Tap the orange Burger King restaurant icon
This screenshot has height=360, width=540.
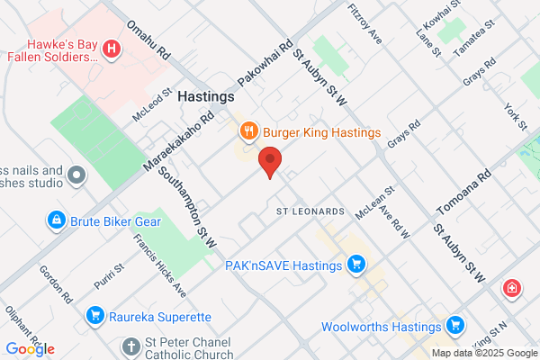click(x=249, y=132)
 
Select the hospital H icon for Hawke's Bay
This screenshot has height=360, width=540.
click(x=111, y=49)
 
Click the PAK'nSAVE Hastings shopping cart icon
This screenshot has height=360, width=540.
click(x=356, y=265)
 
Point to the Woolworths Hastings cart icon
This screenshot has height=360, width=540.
click(x=455, y=324)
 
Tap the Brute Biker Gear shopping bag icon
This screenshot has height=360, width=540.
click(x=56, y=220)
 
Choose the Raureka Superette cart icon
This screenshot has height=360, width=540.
click(x=94, y=316)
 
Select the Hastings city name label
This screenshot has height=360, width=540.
click(x=206, y=95)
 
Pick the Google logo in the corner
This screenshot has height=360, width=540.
click(x=30, y=349)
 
